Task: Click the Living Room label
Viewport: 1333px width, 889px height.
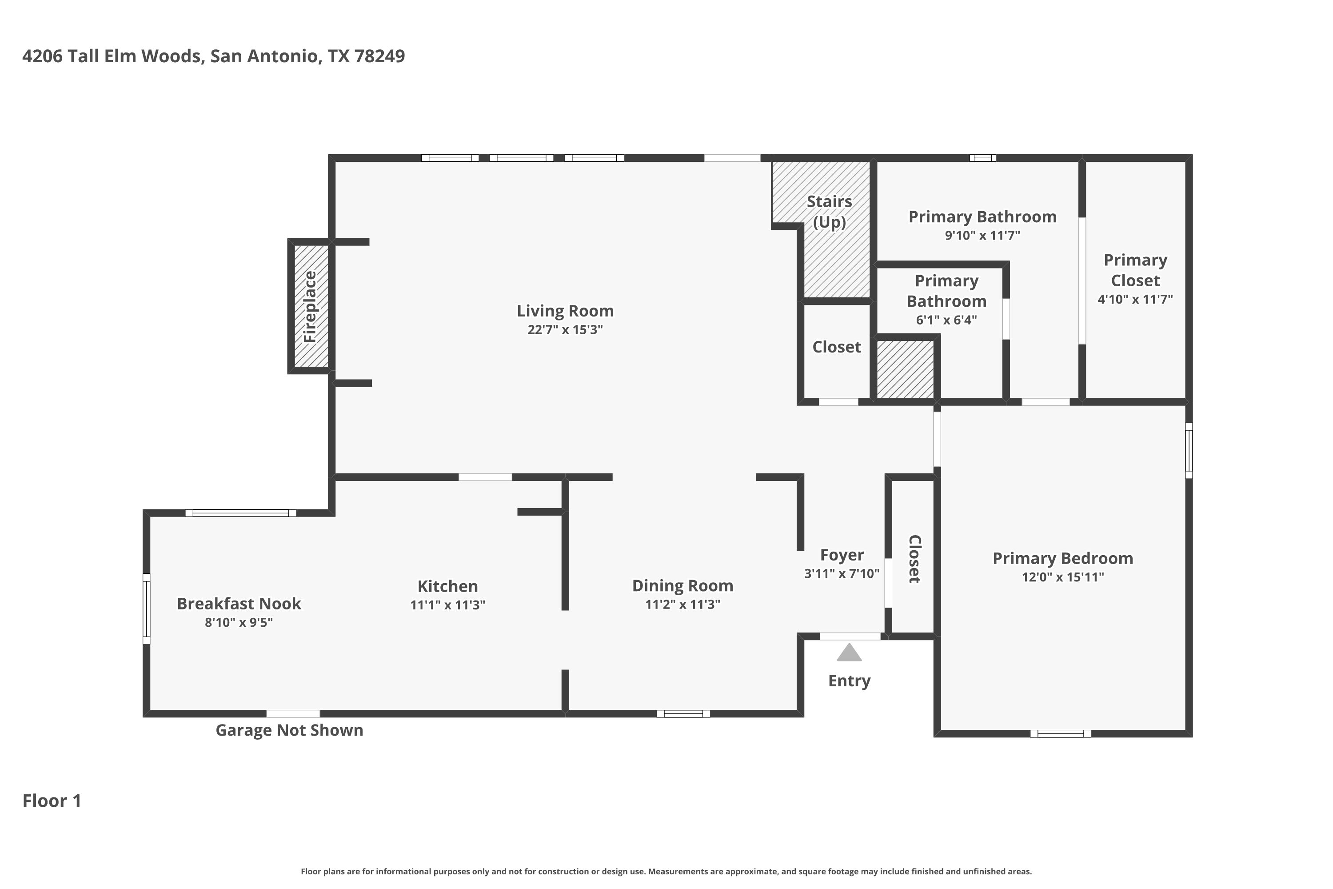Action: [565, 311]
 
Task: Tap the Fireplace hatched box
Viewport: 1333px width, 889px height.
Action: [311, 306]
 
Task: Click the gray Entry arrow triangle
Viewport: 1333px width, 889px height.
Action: [849, 652]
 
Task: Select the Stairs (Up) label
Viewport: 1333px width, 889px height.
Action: [829, 212]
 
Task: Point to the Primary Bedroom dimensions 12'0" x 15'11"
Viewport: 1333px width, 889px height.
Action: [1063, 577]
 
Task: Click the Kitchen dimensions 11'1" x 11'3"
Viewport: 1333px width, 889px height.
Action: [448, 605]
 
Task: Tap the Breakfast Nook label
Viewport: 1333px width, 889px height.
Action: [239, 603]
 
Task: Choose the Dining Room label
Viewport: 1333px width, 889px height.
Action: [682, 586]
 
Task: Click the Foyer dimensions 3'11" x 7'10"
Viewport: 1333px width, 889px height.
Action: [842, 573]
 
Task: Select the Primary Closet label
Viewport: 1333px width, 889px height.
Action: [1135, 270]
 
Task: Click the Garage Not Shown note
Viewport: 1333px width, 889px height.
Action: [289, 730]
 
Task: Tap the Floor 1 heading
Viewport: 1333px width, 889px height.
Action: [52, 801]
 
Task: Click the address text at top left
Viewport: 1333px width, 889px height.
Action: [214, 56]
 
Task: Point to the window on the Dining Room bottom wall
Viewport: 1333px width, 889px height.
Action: [683, 714]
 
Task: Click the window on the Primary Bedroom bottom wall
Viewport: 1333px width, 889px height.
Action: [1060, 734]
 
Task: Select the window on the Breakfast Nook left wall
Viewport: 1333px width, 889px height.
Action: [146, 609]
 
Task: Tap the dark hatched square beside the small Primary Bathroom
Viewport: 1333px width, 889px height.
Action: [905, 369]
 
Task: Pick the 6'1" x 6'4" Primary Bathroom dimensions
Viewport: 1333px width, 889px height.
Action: [946, 320]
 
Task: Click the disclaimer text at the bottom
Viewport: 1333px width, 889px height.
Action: [666, 871]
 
